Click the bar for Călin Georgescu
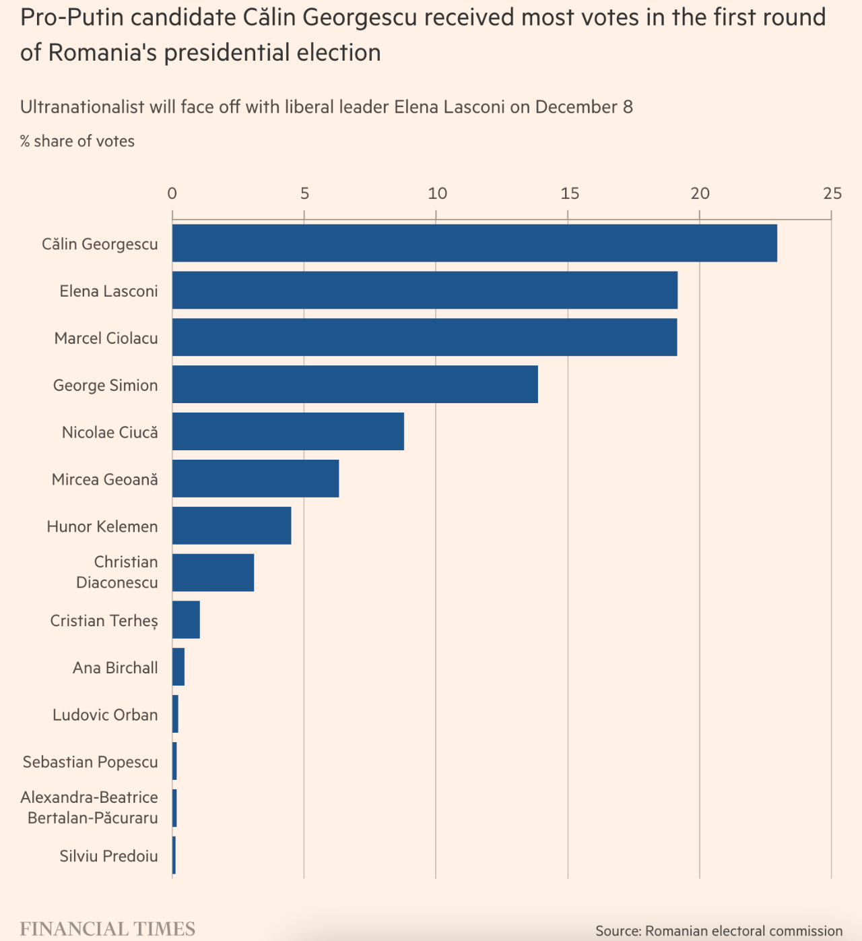(474, 243)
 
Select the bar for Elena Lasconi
(424, 291)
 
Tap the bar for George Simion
(355, 384)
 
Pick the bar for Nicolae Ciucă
(288, 431)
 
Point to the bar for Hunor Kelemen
(232, 526)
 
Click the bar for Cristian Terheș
(186, 619)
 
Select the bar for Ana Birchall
(178, 667)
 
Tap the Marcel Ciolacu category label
(106, 338)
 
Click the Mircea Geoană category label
(105, 479)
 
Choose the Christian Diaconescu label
(118, 572)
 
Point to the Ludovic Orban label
(105, 715)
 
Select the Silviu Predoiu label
(108, 856)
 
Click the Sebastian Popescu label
(90, 762)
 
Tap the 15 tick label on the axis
(569, 193)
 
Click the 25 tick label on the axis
(832, 193)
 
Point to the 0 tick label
(172, 193)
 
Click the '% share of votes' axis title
(77, 142)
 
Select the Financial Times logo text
(108, 929)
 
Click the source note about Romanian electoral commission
(719, 931)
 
